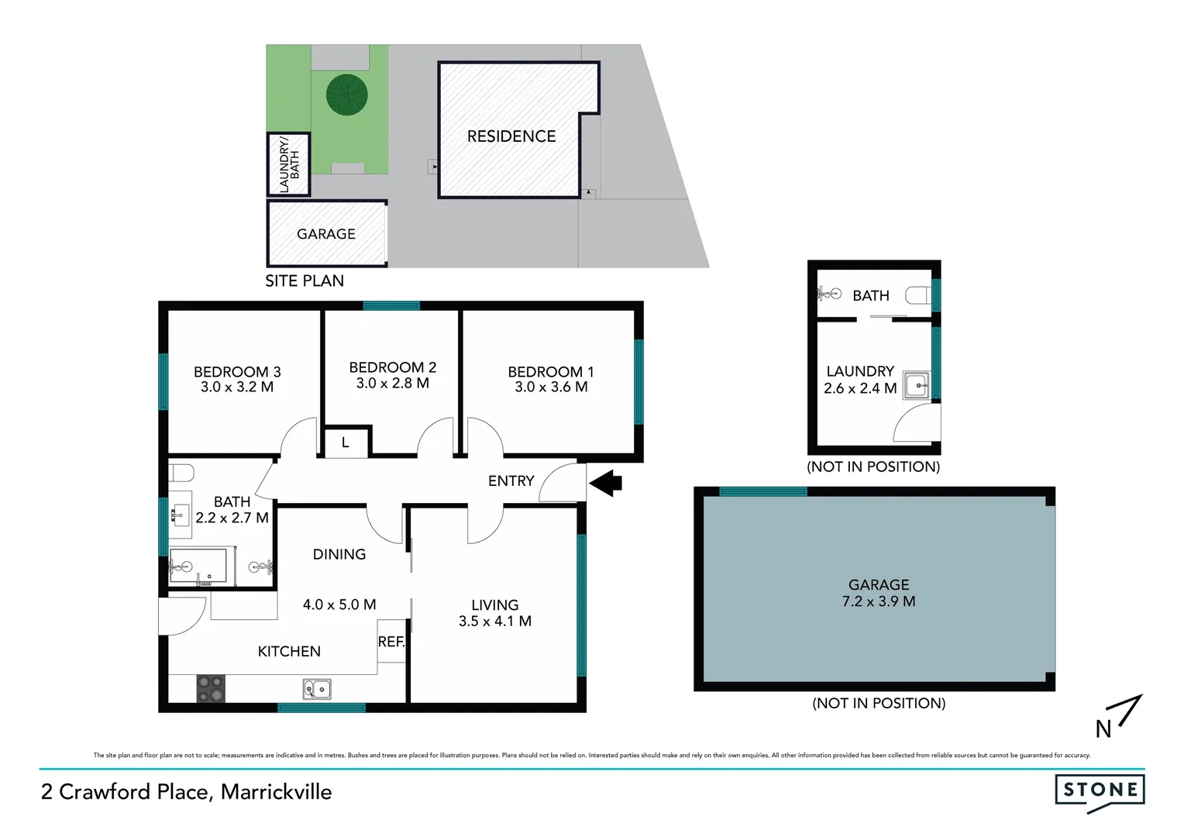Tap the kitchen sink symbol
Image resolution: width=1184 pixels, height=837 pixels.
317,688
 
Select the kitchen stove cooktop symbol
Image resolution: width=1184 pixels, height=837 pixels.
210,688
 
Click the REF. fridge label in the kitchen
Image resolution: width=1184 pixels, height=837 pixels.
391,642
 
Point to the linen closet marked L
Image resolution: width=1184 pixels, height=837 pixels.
346,443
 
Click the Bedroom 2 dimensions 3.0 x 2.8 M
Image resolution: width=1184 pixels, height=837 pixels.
392,383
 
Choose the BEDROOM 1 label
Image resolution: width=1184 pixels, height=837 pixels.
550,372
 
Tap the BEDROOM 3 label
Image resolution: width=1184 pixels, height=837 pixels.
237,372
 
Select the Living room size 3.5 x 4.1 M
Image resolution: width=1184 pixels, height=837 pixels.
494,621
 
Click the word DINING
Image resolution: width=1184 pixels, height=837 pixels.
339,554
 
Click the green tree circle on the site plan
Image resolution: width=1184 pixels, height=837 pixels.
346,95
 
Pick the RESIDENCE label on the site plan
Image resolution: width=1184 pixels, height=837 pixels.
511,136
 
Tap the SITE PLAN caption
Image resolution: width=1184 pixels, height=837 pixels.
305,281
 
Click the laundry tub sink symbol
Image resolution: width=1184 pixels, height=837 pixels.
917,384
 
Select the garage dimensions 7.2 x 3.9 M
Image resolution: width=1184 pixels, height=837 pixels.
879,601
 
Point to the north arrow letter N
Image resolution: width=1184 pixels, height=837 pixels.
1103,728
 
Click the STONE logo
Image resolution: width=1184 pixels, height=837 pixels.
1100,790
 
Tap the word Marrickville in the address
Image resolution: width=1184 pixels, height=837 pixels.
276,792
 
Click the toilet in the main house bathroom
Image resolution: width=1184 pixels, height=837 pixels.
180,472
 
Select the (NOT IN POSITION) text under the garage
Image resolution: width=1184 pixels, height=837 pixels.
879,703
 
